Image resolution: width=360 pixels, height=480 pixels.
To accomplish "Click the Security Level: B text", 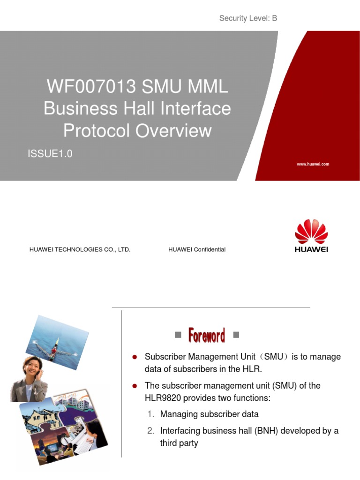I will coord(248,18).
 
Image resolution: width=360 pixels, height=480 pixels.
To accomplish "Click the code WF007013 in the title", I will coord(85,87).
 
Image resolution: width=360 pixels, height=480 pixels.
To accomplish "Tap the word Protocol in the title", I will coord(97,131).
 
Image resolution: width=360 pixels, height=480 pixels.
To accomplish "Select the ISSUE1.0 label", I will coord(50,154).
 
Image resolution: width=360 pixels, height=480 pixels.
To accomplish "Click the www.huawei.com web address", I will coord(313,164).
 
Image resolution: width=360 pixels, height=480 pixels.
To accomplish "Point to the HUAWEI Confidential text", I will coord(197,249).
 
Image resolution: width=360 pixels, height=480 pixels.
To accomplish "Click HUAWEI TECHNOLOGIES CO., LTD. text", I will coord(80,249).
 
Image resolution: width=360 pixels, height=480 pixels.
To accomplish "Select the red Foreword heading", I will coord(206,335).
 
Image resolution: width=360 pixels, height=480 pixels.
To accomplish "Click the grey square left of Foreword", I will coord(178,335).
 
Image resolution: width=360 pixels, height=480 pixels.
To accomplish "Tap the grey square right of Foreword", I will coord(236,335).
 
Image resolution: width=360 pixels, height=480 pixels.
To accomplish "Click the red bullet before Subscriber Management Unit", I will coord(135,357).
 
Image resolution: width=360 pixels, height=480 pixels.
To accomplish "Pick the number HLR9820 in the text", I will coord(164,397).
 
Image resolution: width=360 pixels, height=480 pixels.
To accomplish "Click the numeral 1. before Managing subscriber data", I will coord(150,414).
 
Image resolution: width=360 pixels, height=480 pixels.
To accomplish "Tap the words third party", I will coord(179,443).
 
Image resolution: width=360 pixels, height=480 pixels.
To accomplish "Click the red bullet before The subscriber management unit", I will coord(135,386).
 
